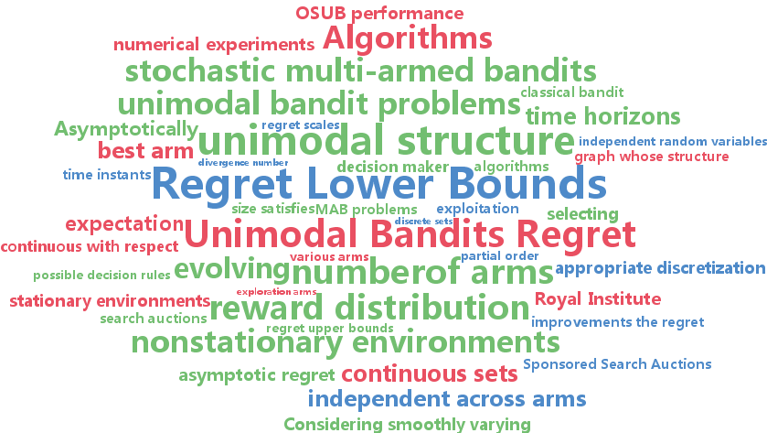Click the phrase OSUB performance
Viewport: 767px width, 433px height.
tap(378, 14)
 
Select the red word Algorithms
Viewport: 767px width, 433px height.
tap(407, 39)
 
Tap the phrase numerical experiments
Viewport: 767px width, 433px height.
tap(213, 44)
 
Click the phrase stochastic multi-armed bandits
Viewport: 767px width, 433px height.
tap(360, 70)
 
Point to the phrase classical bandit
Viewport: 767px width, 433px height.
tap(571, 92)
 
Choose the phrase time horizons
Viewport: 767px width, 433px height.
tap(602, 117)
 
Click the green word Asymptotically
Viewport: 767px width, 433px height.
tap(125, 129)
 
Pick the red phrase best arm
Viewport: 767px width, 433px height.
tap(145, 150)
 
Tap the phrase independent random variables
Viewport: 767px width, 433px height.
tap(672, 142)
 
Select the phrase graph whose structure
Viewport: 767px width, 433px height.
tap(651, 157)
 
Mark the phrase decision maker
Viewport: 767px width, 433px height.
tap(392, 167)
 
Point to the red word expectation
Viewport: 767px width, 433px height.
tap(123, 223)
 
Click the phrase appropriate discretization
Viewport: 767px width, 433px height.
tap(659, 268)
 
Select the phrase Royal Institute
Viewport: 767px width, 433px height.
tap(597, 299)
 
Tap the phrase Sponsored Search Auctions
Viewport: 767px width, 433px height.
tap(617, 364)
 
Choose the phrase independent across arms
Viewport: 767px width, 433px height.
tap(446, 399)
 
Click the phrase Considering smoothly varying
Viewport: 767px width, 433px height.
tap(407, 425)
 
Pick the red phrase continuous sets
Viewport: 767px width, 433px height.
tap(429, 373)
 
